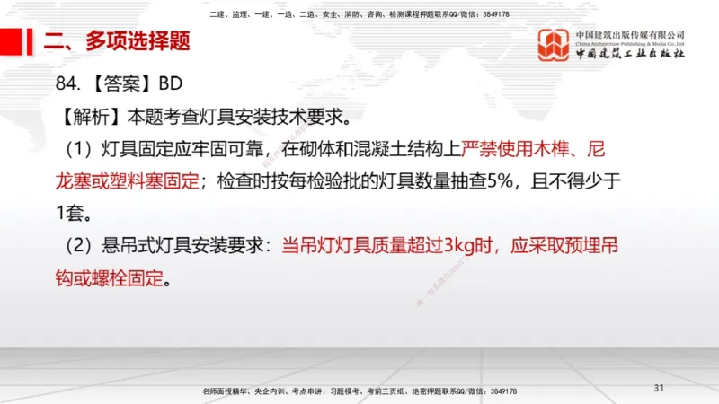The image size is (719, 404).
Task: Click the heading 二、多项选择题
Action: [117, 40]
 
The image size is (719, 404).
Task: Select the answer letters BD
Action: [171, 85]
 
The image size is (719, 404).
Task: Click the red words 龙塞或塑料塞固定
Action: [128, 181]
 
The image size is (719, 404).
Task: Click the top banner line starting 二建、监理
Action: [359, 14]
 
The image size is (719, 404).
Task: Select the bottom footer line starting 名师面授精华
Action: [359, 391]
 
